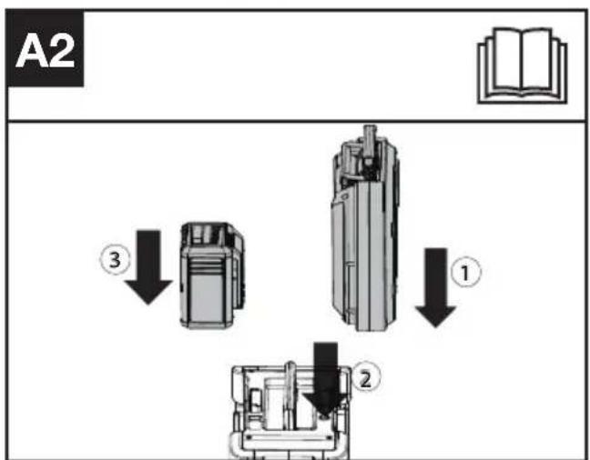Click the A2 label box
click(45, 48)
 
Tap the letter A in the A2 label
click(31, 52)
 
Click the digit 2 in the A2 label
click(60, 52)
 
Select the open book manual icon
click(523, 65)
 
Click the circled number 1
click(466, 273)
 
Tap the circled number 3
click(115, 259)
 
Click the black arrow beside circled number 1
click(436, 287)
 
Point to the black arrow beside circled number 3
click(148, 267)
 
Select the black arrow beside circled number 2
click(326, 379)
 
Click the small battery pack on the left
click(212, 275)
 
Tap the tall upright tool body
click(364, 228)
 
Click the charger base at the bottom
click(290, 412)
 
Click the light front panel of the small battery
click(207, 297)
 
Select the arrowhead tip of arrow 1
click(436, 327)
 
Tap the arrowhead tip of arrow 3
click(148, 305)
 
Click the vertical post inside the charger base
click(290, 395)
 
